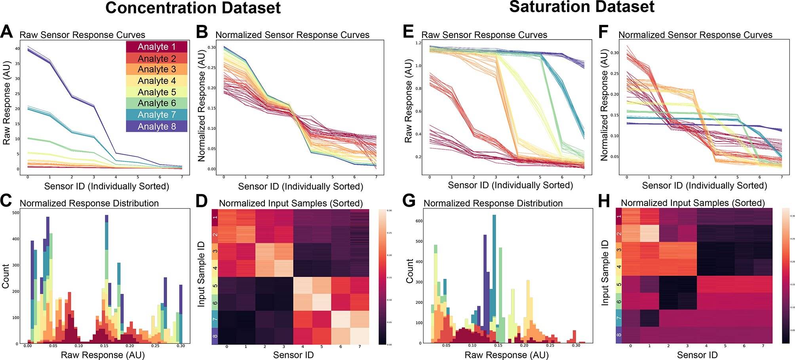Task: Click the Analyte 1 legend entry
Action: (x=156, y=47)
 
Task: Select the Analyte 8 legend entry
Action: (x=156, y=127)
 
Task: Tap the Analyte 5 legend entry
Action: (x=156, y=92)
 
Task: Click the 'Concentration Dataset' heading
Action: (x=193, y=8)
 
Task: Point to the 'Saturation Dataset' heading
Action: (x=582, y=7)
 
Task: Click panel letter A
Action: (x=9, y=32)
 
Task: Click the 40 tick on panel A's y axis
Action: (x=17, y=49)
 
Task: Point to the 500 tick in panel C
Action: (x=15, y=213)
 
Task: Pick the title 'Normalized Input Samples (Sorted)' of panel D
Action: (x=291, y=204)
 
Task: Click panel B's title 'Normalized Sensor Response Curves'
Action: (x=293, y=35)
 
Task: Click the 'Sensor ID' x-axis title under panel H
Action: (x=697, y=355)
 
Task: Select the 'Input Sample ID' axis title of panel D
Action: (x=201, y=276)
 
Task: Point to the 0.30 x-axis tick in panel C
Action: (x=180, y=346)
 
